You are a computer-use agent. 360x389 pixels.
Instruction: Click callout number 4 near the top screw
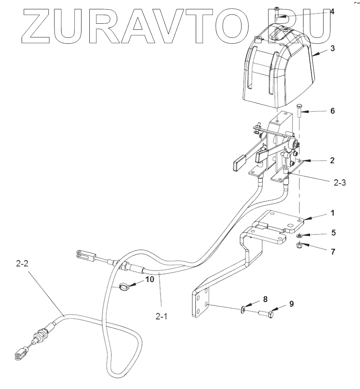point(331,12)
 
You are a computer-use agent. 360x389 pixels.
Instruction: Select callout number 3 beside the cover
point(332,48)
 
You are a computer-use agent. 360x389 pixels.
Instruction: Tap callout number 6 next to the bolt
point(332,111)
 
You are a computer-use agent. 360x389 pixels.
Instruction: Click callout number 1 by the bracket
point(332,213)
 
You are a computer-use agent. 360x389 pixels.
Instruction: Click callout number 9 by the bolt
point(291,304)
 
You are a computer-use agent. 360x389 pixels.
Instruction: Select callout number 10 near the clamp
point(149,279)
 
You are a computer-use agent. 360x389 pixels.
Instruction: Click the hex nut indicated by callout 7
point(298,245)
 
